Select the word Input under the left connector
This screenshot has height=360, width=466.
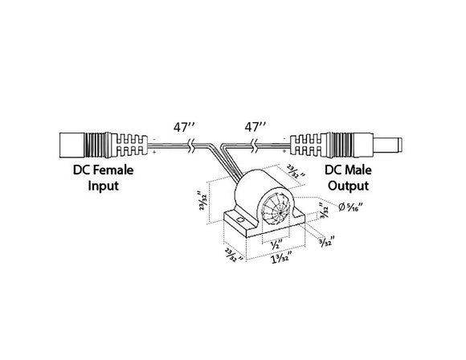pyautogui.click(x=102, y=186)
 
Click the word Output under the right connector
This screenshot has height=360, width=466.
pyautogui.click(x=350, y=186)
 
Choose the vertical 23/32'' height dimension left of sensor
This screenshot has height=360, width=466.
pyautogui.click(x=206, y=202)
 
